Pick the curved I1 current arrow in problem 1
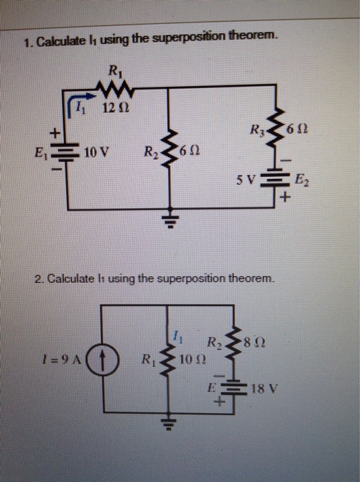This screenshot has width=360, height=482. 81,105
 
